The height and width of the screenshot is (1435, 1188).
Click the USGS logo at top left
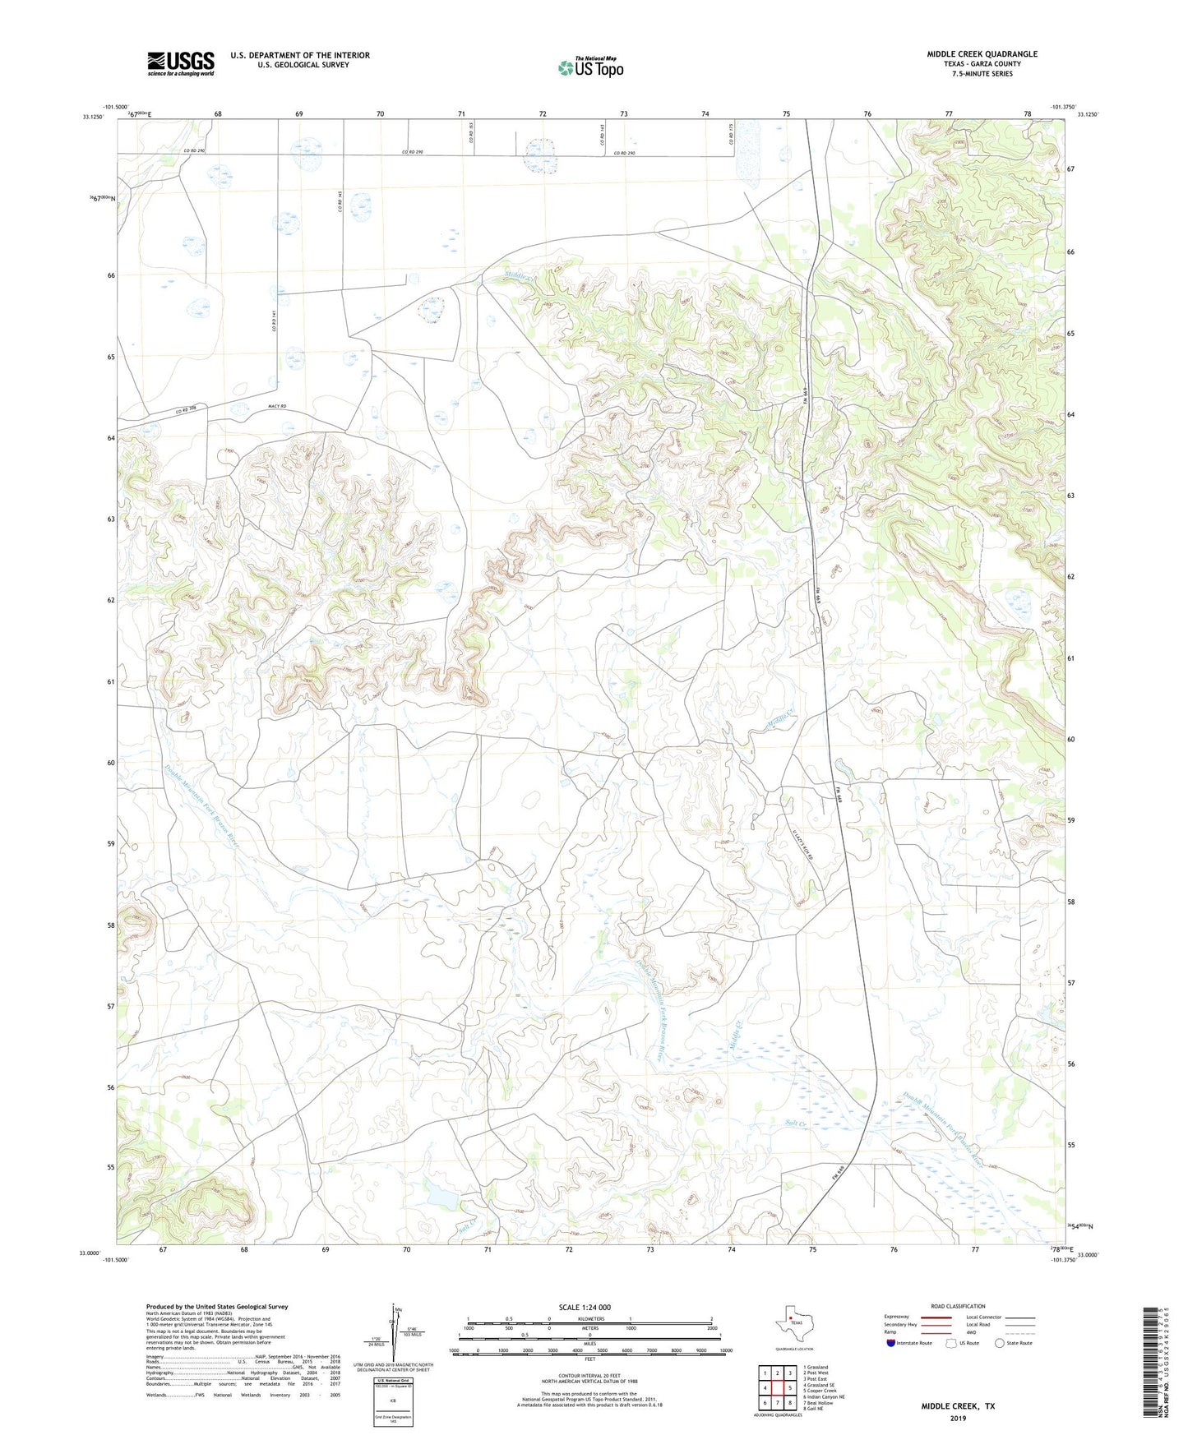coord(180,63)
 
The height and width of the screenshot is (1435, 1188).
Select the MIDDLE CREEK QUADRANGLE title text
coord(982,54)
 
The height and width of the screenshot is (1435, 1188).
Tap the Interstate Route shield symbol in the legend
coord(892,1343)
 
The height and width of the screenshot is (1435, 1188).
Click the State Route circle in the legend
coord(1000,1343)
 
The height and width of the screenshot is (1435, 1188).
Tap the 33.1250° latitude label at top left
coord(93,117)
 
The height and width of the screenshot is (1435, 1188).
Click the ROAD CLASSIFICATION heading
coord(958,1306)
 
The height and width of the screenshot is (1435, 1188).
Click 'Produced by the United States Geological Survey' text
coord(217,1306)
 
